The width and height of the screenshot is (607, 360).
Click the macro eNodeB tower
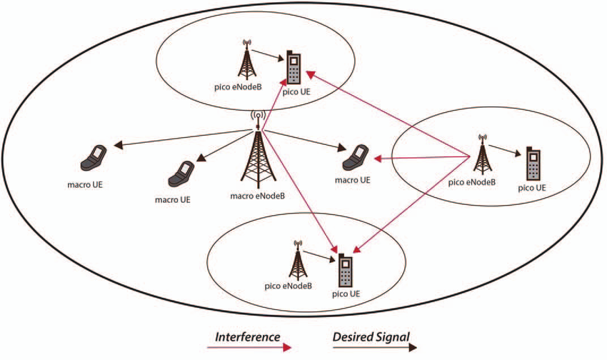pyautogui.click(x=258, y=159)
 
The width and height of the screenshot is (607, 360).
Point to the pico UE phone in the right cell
pyautogui.click(x=532, y=164)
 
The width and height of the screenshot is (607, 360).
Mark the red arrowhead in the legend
pyautogui.click(x=286, y=347)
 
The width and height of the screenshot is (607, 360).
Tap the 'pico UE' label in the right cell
pyautogui.click(x=532, y=188)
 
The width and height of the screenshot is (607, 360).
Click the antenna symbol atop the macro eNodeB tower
pyautogui.click(x=258, y=116)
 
